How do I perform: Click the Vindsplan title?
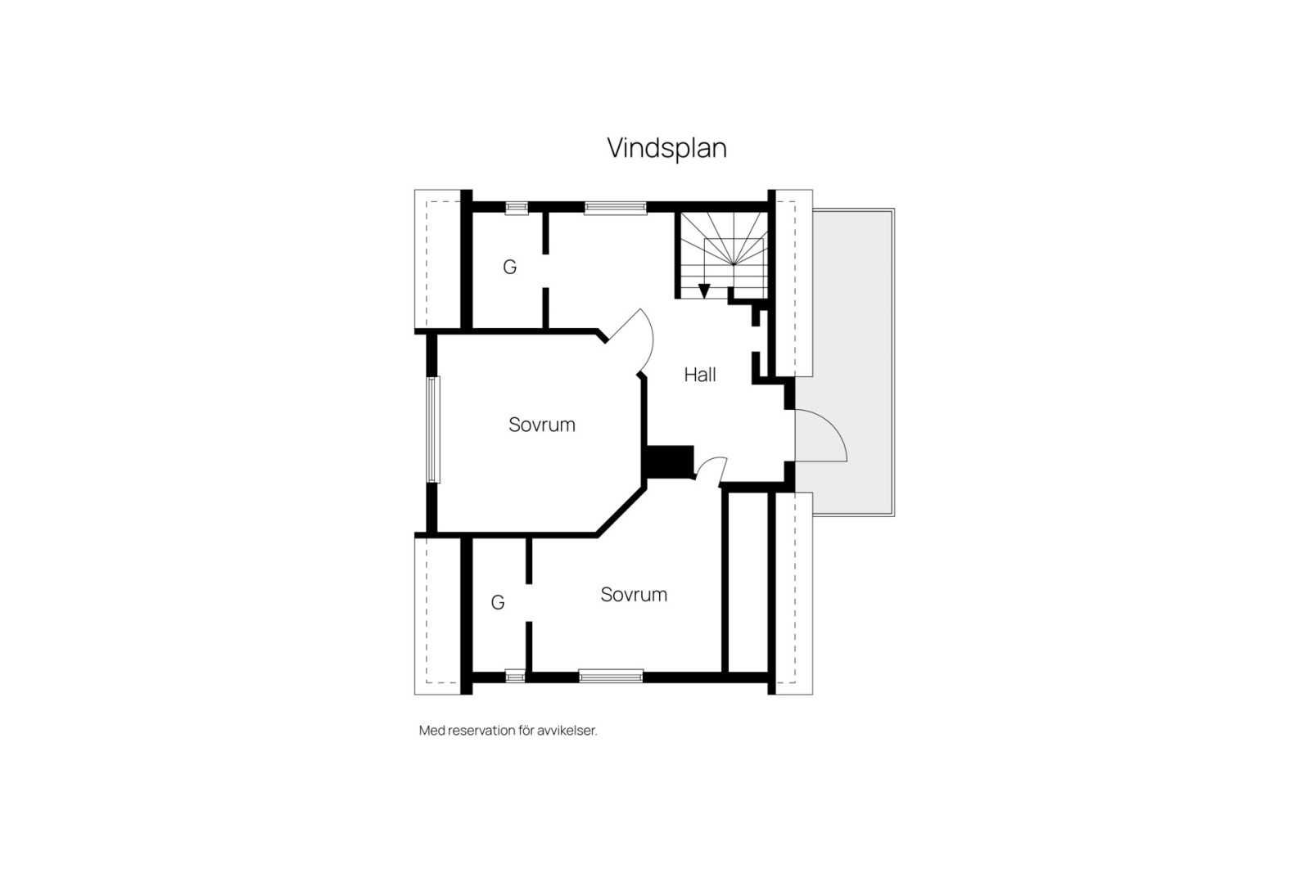click(x=666, y=148)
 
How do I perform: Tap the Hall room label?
click(x=700, y=375)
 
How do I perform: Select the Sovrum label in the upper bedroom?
click(x=542, y=425)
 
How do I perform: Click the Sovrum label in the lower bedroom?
click(x=634, y=595)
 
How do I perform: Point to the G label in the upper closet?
click(x=509, y=268)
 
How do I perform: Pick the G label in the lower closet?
click(x=498, y=603)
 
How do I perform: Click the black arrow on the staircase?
click(x=704, y=290)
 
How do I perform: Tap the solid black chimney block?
click(x=670, y=461)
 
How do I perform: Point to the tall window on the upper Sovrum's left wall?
click(x=434, y=429)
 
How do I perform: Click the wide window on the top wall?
click(x=616, y=208)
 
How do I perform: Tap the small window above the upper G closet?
click(x=516, y=208)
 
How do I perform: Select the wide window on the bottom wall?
click(x=611, y=676)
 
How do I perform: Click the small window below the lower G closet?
click(x=515, y=676)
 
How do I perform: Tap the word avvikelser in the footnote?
click(x=567, y=731)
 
